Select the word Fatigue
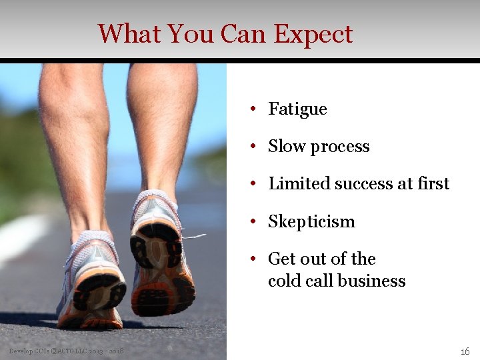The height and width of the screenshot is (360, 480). (297, 109)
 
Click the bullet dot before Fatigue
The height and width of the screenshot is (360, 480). (254, 109)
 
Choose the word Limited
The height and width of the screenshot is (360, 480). (293, 184)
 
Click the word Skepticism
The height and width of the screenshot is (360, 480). (311, 222)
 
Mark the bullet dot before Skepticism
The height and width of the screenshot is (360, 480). (254, 222)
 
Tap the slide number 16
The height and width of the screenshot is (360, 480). (465, 351)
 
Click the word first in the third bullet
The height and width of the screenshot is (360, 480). (434, 184)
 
